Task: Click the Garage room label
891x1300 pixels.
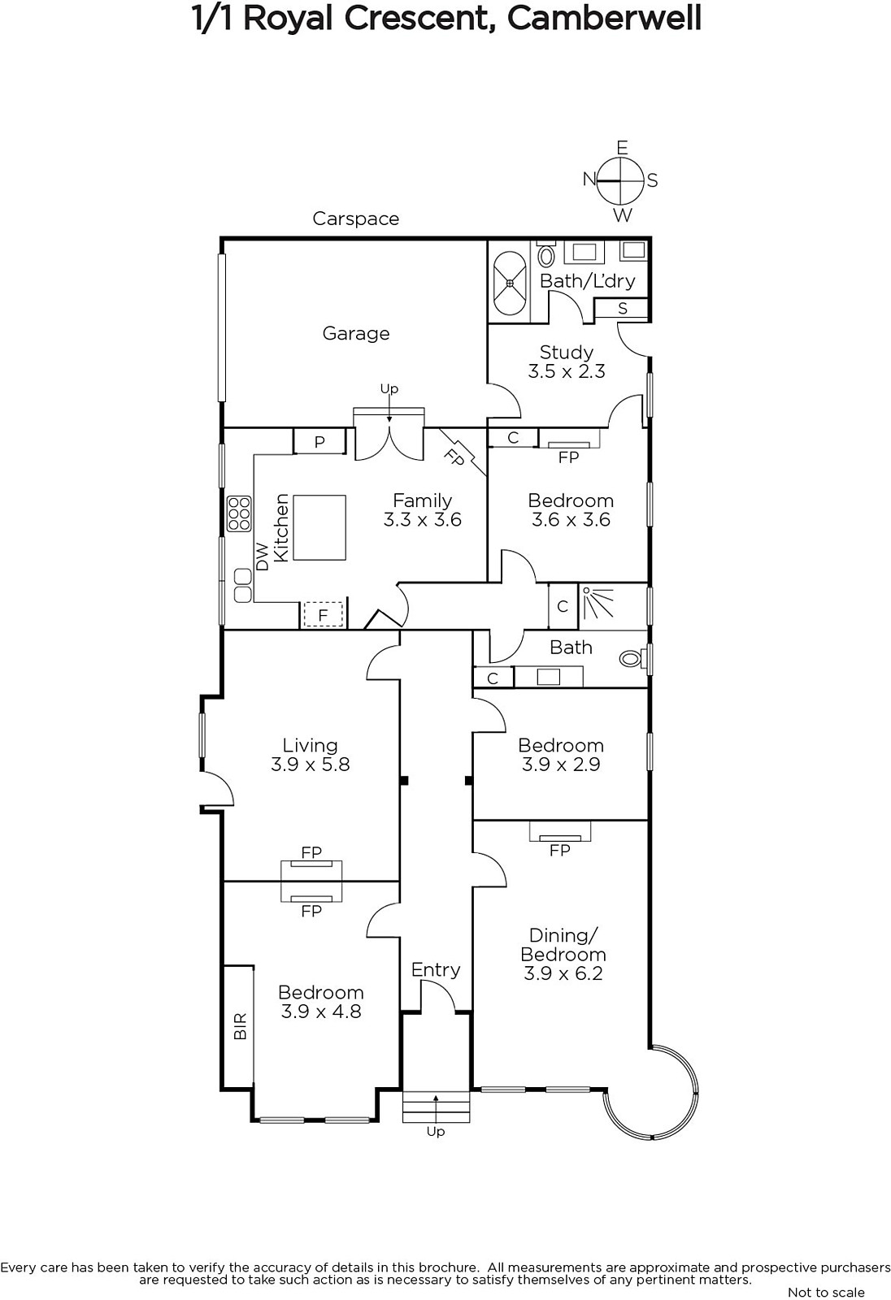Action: pos(355,334)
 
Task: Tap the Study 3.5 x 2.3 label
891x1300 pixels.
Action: pos(567,362)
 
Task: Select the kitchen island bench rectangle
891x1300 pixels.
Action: pos(319,527)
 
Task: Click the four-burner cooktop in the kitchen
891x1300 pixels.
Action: pos(239,513)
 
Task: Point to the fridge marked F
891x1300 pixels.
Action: pos(323,614)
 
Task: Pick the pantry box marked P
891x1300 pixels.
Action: pos(319,442)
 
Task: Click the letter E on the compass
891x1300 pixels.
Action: pos(622,148)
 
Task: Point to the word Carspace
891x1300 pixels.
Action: pos(355,219)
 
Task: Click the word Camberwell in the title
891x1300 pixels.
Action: pos(604,19)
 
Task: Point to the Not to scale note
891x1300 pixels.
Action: pos(826,1292)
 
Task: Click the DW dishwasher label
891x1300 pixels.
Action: pos(263,557)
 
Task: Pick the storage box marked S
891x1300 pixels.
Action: pos(622,308)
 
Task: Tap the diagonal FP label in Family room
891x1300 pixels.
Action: pos(454,458)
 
